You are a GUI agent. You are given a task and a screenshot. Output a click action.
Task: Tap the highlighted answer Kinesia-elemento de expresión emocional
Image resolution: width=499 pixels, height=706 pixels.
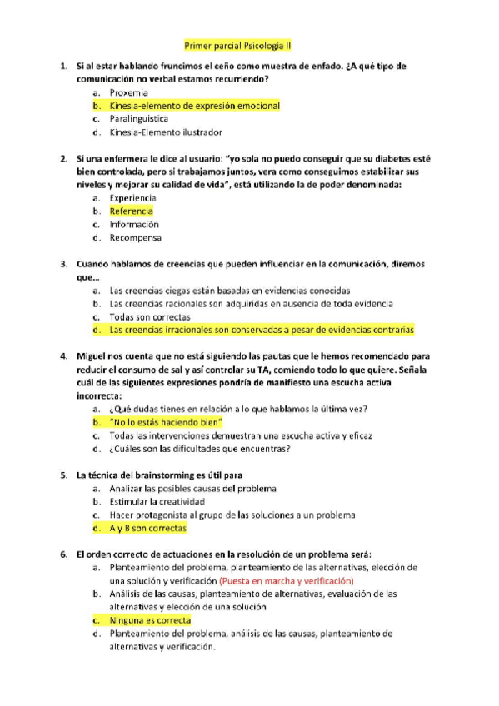[x=194, y=106]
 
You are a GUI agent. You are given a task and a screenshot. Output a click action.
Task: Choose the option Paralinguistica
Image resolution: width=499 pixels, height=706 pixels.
[x=138, y=119]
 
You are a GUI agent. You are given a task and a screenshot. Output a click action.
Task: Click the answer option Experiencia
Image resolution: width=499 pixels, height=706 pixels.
[x=132, y=198]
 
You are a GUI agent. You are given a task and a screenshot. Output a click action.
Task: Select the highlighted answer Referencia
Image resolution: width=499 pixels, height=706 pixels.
[x=131, y=211]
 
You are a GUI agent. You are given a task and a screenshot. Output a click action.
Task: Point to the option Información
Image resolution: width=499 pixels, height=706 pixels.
[x=134, y=224]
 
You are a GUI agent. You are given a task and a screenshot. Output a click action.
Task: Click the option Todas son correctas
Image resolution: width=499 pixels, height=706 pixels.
[x=149, y=316]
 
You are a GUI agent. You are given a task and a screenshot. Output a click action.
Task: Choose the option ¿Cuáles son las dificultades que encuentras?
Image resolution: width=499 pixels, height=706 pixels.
[x=200, y=449]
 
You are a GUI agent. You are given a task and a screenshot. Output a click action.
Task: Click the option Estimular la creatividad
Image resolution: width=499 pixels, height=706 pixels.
[x=157, y=501]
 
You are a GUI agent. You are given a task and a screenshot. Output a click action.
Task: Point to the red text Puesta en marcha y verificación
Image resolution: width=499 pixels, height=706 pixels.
[x=287, y=580]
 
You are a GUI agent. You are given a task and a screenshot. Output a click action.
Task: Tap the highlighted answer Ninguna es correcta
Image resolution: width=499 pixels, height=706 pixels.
[x=150, y=620]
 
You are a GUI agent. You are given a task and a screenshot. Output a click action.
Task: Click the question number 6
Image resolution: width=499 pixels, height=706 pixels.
[x=64, y=554]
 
